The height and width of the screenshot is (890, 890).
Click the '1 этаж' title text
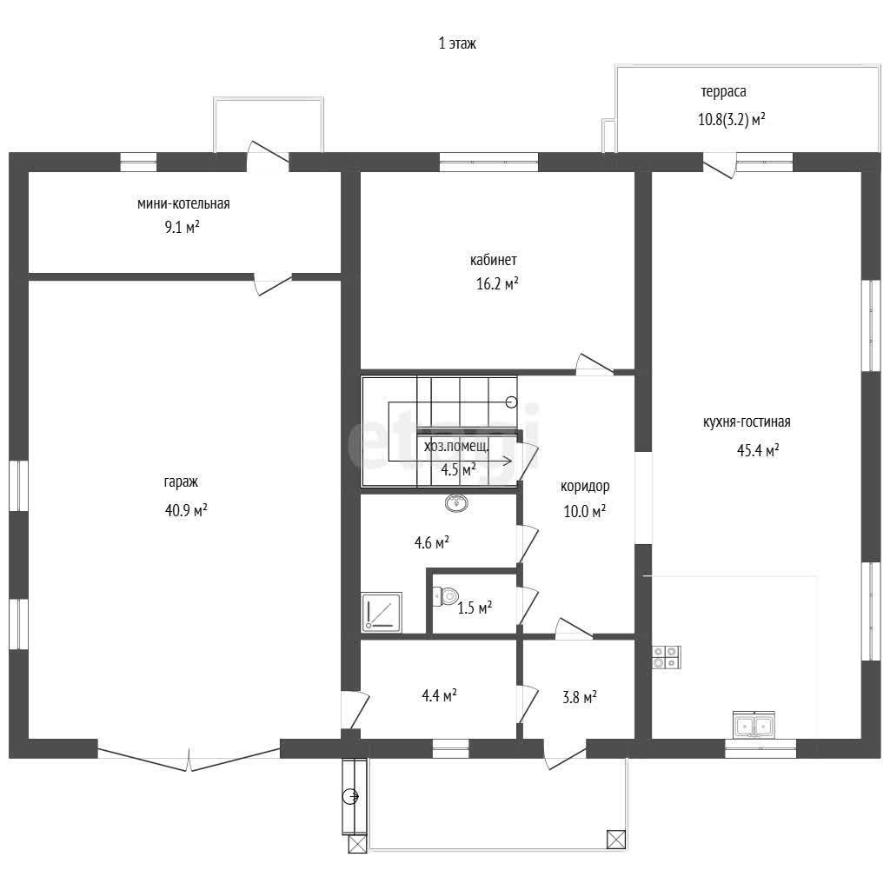[x=457, y=43]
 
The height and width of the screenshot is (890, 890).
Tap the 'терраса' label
[x=723, y=92]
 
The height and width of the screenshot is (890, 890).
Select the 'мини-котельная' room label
[x=183, y=203]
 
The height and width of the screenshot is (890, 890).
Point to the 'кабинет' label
[x=494, y=260]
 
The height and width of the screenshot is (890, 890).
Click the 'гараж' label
[x=181, y=482]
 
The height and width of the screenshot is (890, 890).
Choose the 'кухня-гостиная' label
[x=747, y=422]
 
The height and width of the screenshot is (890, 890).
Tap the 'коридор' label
[x=585, y=487]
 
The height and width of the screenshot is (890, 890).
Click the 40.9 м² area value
[x=186, y=509]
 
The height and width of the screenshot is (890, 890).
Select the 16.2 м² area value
[x=497, y=283]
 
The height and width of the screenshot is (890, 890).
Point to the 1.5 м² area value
[x=475, y=608]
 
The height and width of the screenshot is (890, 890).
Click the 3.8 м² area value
[x=580, y=697]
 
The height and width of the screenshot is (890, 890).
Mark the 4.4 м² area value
[x=439, y=694]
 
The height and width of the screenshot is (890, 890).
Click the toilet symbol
[x=446, y=596]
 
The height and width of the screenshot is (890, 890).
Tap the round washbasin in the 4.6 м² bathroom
[x=456, y=503]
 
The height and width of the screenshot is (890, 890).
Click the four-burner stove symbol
[x=666, y=657]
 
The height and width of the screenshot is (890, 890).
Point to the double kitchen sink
[x=754, y=725]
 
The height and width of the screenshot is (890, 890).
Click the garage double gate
[x=189, y=760]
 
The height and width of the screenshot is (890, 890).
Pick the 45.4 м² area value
[x=758, y=450]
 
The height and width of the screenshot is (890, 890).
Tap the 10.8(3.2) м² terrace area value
[x=731, y=120]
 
